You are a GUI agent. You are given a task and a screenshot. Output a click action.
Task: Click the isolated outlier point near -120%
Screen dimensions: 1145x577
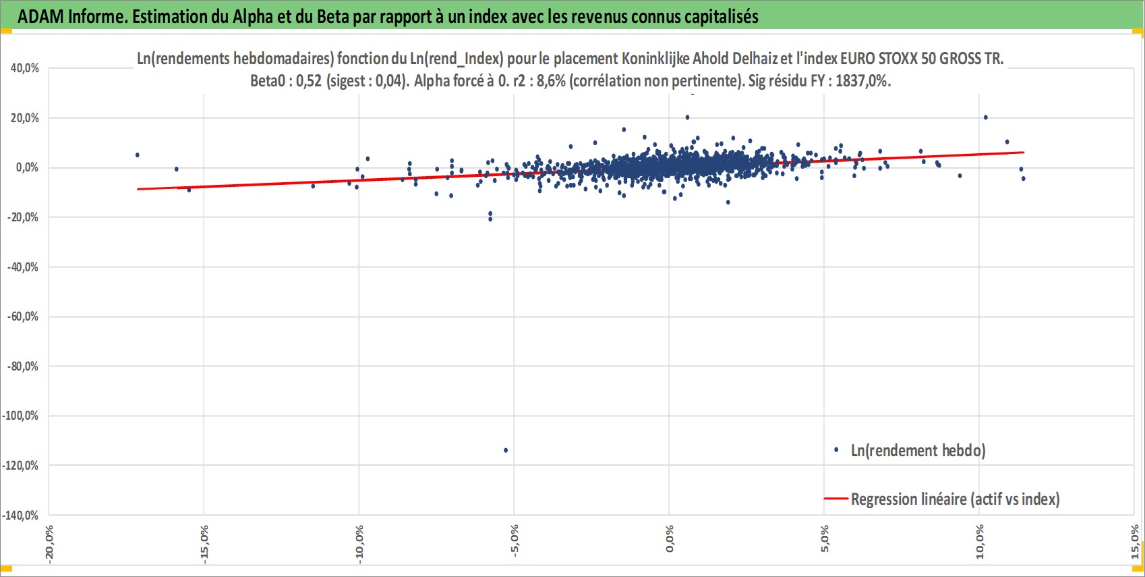pyautogui.click(x=506, y=450)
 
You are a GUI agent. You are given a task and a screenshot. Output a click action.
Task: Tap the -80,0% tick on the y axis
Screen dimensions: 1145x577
pyautogui.click(x=22, y=366)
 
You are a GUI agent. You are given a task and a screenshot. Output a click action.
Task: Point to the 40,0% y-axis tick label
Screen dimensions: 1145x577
pyautogui.click(x=24, y=68)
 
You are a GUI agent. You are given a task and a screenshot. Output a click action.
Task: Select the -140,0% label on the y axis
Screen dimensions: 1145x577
pyautogui.click(x=20, y=515)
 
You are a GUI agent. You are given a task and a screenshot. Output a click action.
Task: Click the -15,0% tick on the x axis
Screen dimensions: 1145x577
pyautogui.click(x=204, y=544)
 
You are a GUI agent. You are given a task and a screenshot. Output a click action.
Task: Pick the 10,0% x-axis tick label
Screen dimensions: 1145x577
pyautogui.click(x=979, y=542)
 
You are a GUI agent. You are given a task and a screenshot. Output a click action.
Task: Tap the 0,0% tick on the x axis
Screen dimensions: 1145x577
pyautogui.click(x=670, y=539)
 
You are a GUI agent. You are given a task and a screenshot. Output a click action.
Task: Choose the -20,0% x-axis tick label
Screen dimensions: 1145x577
pyautogui.click(x=49, y=544)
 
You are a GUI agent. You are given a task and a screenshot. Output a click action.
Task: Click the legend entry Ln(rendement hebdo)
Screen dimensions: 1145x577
pyautogui.click(x=910, y=450)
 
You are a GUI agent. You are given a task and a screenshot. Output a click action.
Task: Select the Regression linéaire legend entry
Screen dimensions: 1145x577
pyautogui.click(x=942, y=499)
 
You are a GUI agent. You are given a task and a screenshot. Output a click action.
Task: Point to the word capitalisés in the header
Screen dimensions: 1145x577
pyautogui.click(x=722, y=17)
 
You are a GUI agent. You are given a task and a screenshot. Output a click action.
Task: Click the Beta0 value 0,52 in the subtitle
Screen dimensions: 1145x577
pyautogui.click(x=309, y=81)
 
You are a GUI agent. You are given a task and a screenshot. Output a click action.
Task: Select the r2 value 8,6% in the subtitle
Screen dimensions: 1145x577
pyautogui.click(x=550, y=81)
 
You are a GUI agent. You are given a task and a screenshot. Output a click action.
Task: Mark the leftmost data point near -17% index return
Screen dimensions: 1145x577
pyautogui.click(x=137, y=155)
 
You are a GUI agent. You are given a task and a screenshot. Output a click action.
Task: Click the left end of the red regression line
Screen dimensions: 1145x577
pyautogui.click(x=138, y=189)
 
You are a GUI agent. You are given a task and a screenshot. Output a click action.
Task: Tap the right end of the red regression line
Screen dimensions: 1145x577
pyautogui.click(x=1024, y=152)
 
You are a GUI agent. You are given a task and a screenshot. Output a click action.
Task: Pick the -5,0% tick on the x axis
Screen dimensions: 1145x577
pyautogui.click(x=514, y=541)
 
